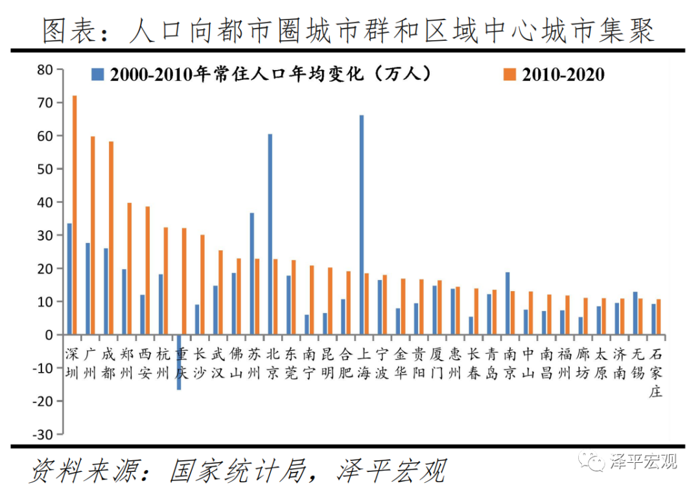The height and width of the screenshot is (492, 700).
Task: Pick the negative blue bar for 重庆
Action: pyautogui.click(x=179, y=362)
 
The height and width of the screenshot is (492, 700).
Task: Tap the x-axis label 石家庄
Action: pyautogui.click(x=656, y=373)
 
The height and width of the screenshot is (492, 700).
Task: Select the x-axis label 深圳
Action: pyautogui.click(x=73, y=364)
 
